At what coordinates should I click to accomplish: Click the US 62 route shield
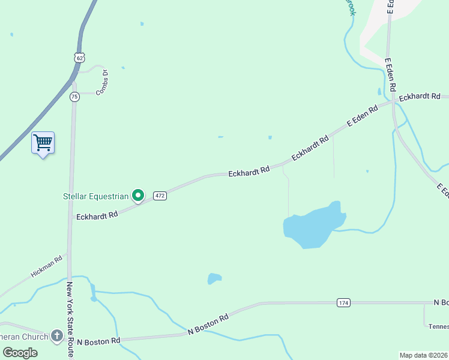[x=80, y=57]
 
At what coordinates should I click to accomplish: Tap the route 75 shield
[x=74, y=97]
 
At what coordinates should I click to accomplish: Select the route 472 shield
[x=160, y=196]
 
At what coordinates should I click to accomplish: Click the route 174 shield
[x=343, y=303]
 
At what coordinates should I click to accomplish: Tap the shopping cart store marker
[x=43, y=143]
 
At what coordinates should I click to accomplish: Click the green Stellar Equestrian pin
[x=138, y=195]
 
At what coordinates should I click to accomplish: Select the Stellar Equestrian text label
[x=95, y=196]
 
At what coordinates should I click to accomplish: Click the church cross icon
[x=57, y=336]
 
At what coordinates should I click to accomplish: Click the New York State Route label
[x=70, y=320]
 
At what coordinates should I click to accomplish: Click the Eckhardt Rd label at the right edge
[x=420, y=97]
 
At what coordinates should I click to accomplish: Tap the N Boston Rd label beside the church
[x=98, y=341]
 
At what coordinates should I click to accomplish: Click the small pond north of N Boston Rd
[x=214, y=278]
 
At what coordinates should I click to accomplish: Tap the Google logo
[x=20, y=353]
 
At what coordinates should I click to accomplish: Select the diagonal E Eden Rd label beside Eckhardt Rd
[x=363, y=116]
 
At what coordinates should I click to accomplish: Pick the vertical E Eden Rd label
[x=390, y=75]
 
